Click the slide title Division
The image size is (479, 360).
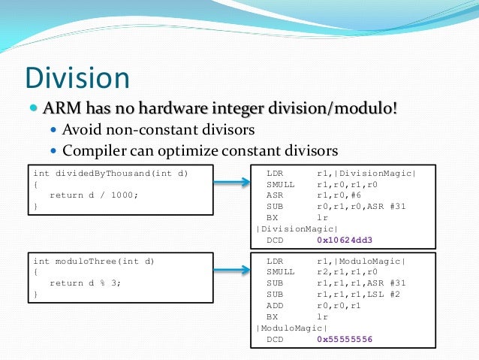coord(77,78)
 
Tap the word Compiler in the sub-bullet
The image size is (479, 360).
coord(92,150)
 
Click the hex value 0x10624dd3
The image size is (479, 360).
coord(344,240)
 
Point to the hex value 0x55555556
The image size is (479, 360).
coord(344,339)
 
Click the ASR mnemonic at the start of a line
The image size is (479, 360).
coord(275,195)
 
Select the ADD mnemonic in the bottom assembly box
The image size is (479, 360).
coord(275,306)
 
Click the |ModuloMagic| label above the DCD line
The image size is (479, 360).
coord(291,328)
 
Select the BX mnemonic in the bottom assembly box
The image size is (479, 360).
coord(272,317)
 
